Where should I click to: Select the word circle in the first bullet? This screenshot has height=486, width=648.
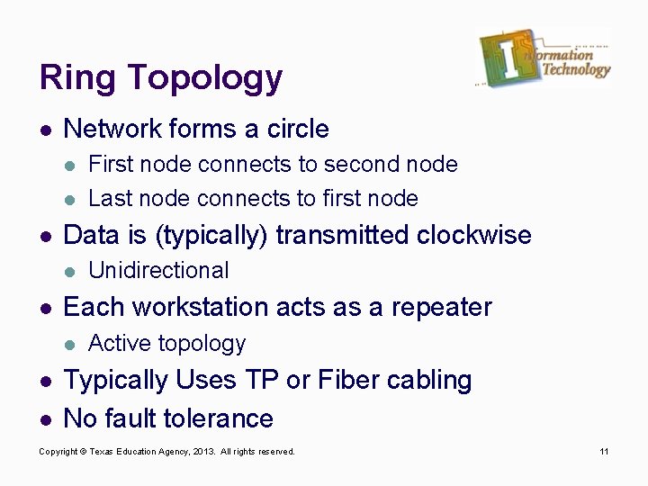click(298, 130)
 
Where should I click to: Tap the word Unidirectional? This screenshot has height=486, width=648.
click(158, 271)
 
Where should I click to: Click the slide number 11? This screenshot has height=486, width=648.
click(605, 451)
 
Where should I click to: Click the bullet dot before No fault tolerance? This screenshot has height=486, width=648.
click(46, 419)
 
